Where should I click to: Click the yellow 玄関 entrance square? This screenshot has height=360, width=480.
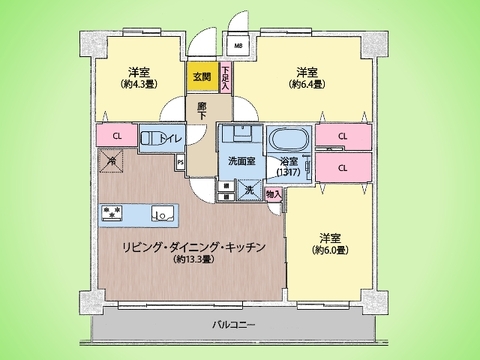click(200, 77)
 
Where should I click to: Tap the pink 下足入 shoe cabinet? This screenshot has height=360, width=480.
click(226, 77)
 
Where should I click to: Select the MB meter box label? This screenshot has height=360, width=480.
click(238, 46)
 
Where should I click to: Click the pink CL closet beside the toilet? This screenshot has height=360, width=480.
click(117, 136)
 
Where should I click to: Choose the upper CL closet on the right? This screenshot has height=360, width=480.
click(343, 137)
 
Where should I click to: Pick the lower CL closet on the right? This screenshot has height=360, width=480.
click(343, 166)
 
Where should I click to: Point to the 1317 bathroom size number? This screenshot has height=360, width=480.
click(290, 171)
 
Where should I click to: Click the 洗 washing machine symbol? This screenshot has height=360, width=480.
click(248, 188)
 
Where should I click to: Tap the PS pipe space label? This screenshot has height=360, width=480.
click(180, 161)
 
